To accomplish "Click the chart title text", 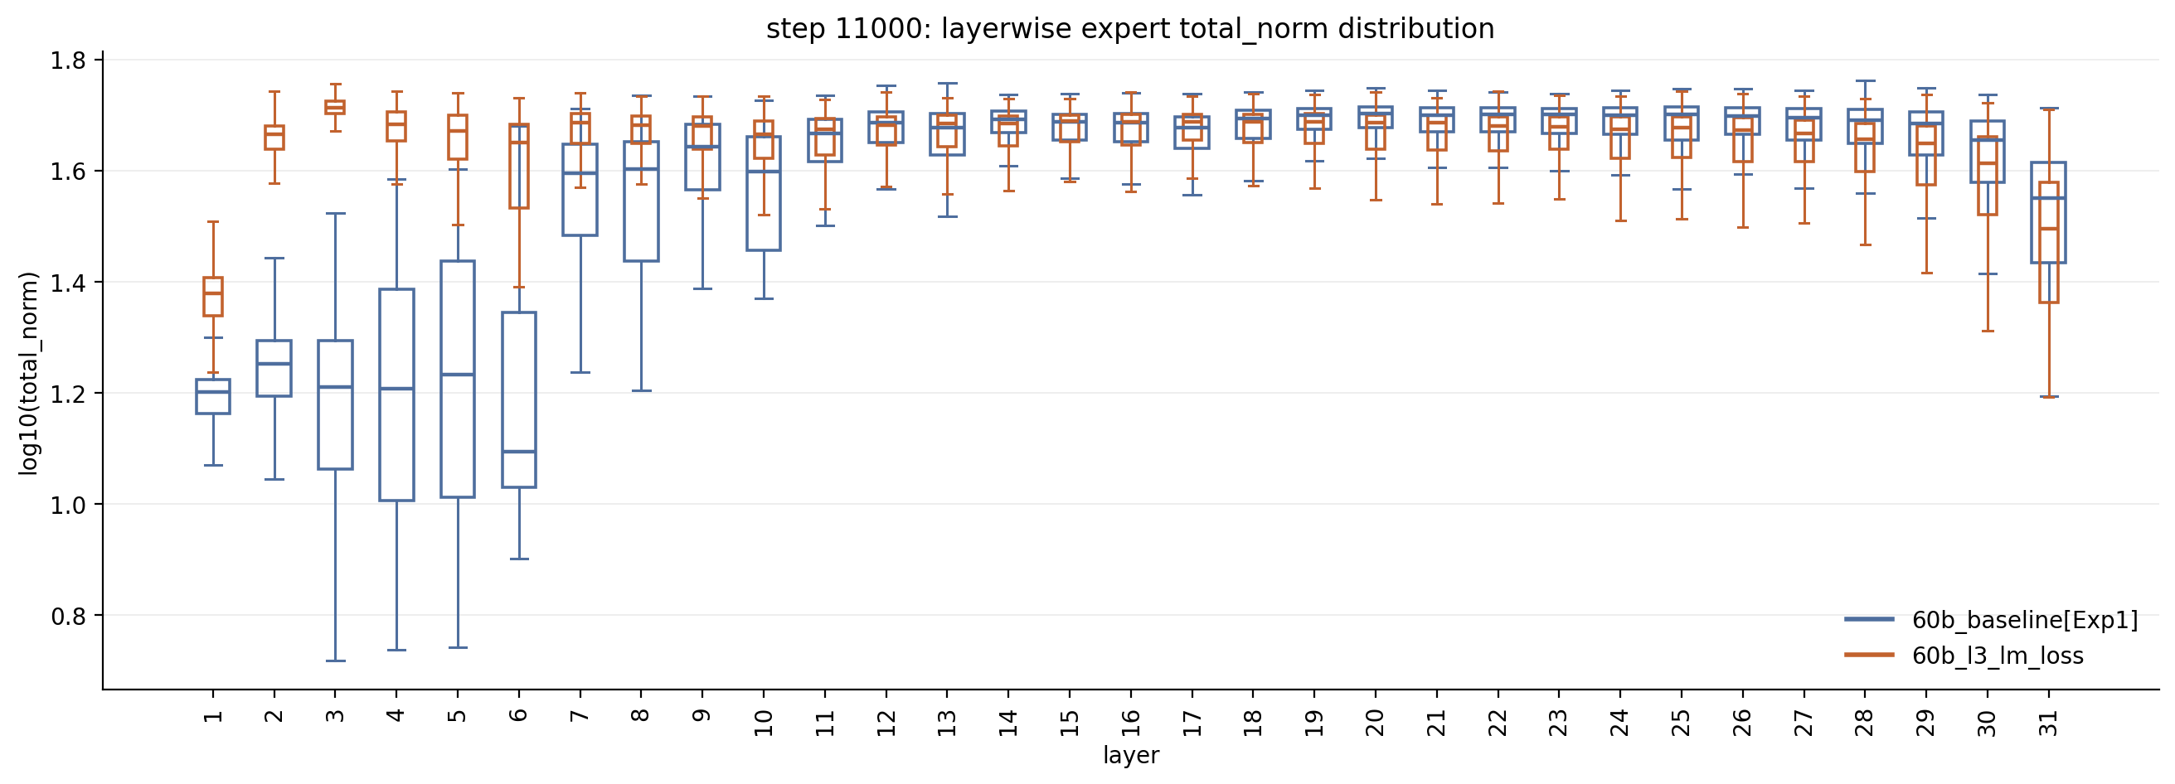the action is coord(1129,30).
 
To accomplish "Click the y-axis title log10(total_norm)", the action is coord(28,373).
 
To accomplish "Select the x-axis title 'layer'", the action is coord(1130,755).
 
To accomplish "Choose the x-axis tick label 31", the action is coord(2048,724).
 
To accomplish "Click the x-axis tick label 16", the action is coord(1130,724).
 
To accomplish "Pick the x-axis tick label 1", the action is coord(213,717).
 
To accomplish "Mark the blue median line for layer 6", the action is coord(518,452).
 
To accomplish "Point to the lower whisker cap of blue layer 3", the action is coord(335,661).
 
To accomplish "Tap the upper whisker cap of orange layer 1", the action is coord(213,222).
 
